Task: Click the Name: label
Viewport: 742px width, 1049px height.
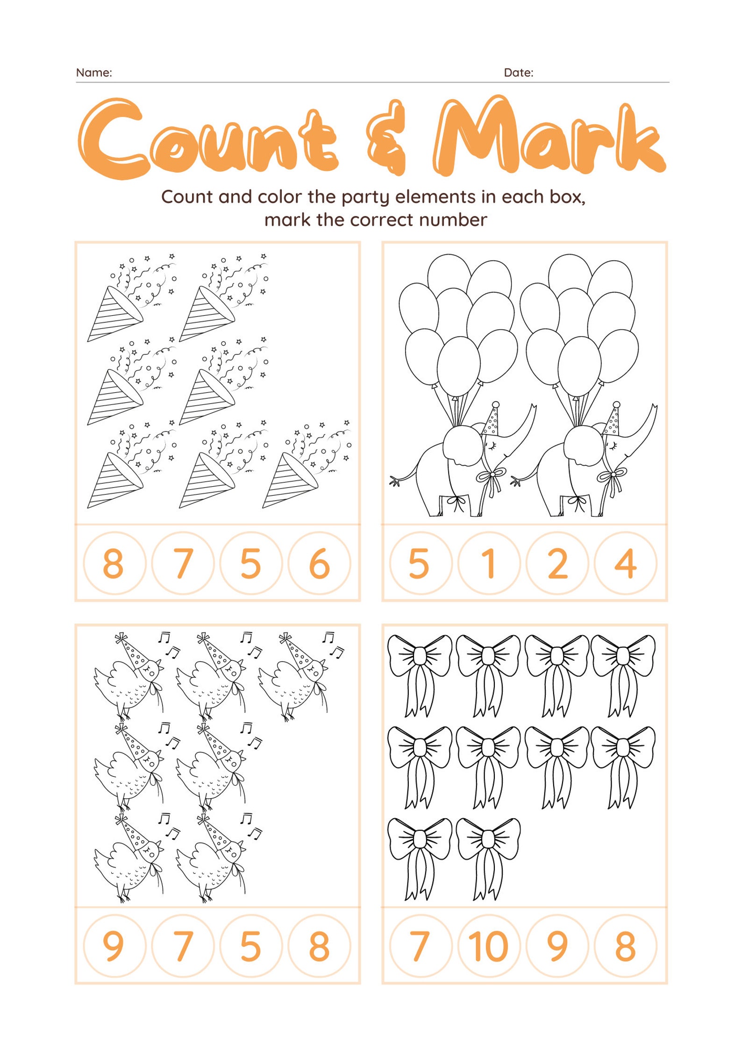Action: tap(94, 73)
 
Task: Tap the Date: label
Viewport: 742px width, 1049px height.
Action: tap(518, 73)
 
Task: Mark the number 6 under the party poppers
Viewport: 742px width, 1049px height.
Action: tap(320, 564)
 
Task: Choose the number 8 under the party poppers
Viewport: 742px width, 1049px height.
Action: tap(113, 564)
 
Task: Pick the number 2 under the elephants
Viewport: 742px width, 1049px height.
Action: tap(557, 564)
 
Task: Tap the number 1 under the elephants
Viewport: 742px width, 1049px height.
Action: tap(489, 564)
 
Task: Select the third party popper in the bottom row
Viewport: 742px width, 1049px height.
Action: tap(304, 467)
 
